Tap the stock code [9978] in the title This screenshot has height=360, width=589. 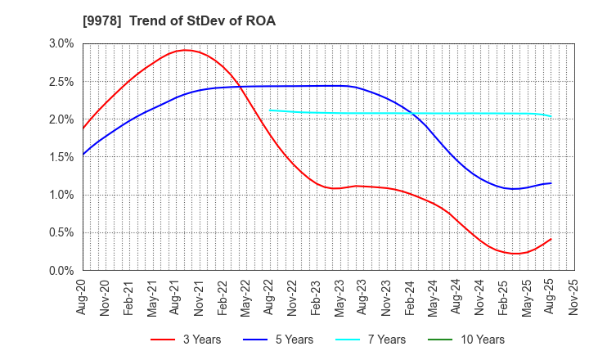pos(98,21)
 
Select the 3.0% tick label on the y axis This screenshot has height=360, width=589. pos(61,44)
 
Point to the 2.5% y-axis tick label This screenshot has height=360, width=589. pos(61,82)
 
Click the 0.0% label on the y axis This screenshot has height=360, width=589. pos(61,271)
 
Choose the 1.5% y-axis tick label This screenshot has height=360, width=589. pos(61,157)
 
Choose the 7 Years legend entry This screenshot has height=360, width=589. pos(380,340)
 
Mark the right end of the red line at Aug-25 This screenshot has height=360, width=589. pos(551,239)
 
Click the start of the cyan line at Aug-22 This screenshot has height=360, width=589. pos(270,110)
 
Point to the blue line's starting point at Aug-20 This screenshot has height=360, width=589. pos(83,155)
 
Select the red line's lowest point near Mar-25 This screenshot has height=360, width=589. pos(515,254)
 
